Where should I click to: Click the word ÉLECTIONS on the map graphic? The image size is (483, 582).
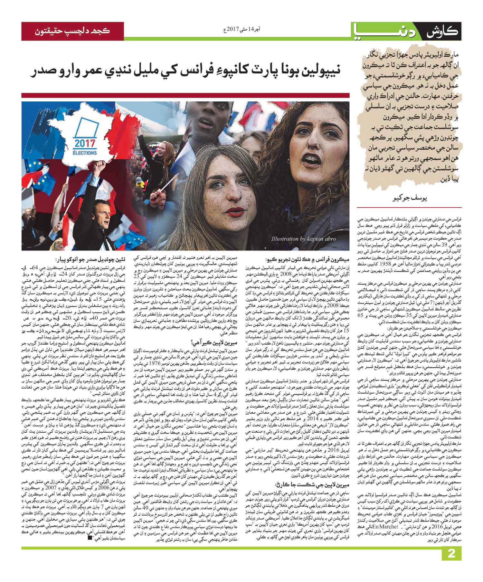85,153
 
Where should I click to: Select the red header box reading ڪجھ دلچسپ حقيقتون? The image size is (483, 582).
72,31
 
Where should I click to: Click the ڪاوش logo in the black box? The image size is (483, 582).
443,32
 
